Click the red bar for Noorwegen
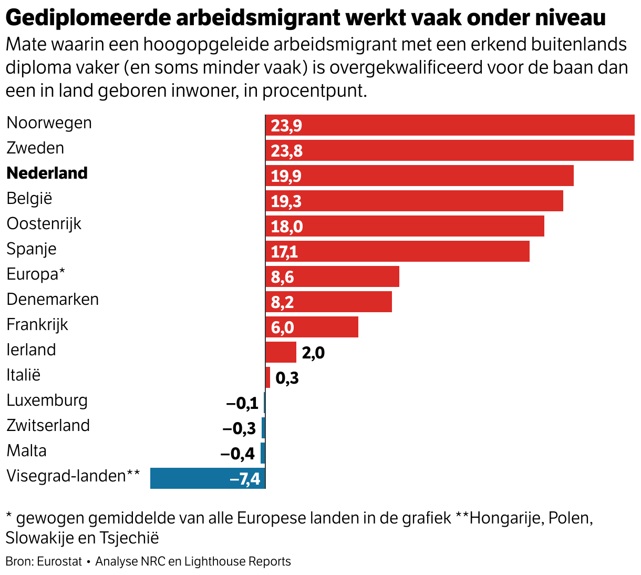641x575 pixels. click(450, 125)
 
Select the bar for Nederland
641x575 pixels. click(419, 176)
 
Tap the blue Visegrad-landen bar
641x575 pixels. click(208, 478)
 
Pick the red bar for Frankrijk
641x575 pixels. click(312, 327)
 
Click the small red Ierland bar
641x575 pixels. click(281, 352)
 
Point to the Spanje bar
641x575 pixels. click(397, 251)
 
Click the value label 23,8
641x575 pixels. click(286, 151)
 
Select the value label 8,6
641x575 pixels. click(282, 277)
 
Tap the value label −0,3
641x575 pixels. click(239, 428)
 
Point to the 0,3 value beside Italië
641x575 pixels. click(287, 378)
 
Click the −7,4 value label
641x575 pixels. click(245, 479)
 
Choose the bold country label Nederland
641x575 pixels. click(47, 173)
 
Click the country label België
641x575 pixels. click(29, 198)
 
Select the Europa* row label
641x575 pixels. click(36, 274)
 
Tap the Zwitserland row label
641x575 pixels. click(48, 425)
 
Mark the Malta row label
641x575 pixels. click(26, 450)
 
